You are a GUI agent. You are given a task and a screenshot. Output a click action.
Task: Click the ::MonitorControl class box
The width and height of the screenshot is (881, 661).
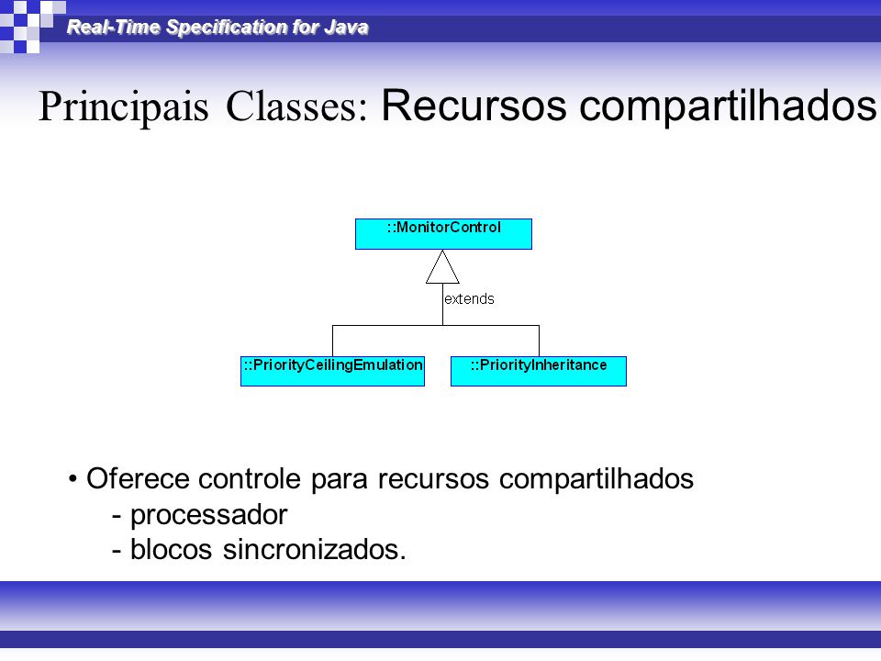point(443,234)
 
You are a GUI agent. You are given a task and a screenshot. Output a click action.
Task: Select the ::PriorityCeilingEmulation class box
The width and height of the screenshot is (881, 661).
point(332,371)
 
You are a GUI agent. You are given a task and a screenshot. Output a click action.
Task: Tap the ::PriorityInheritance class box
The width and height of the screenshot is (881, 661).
point(539,371)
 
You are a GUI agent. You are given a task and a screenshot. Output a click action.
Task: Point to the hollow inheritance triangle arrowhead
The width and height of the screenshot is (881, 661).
point(442,267)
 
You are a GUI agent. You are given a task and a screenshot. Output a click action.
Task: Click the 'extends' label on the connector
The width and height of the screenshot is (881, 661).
point(469,299)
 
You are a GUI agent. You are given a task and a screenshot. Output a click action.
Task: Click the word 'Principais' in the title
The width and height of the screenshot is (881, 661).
point(124,106)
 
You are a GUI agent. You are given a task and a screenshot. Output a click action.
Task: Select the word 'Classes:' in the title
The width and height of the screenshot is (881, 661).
point(296,106)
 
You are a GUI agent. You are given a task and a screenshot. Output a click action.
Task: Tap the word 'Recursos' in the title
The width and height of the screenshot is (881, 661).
point(474,105)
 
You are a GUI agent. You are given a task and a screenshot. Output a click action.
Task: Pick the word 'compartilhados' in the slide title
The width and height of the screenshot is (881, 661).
point(728,106)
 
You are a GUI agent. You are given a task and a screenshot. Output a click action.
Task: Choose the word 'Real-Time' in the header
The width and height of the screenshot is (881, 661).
point(114,27)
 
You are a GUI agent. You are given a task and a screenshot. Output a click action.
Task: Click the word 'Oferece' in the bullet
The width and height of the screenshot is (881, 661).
point(139,479)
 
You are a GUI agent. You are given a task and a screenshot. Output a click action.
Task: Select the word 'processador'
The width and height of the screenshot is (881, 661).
point(209,515)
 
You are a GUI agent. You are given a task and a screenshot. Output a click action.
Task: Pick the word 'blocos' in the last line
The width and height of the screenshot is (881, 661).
point(172,549)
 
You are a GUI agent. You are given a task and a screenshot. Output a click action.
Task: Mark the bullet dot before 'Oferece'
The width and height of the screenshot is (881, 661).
point(72,479)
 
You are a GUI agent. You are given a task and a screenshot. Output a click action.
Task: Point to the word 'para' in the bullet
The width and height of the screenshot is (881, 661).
point(340,481)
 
